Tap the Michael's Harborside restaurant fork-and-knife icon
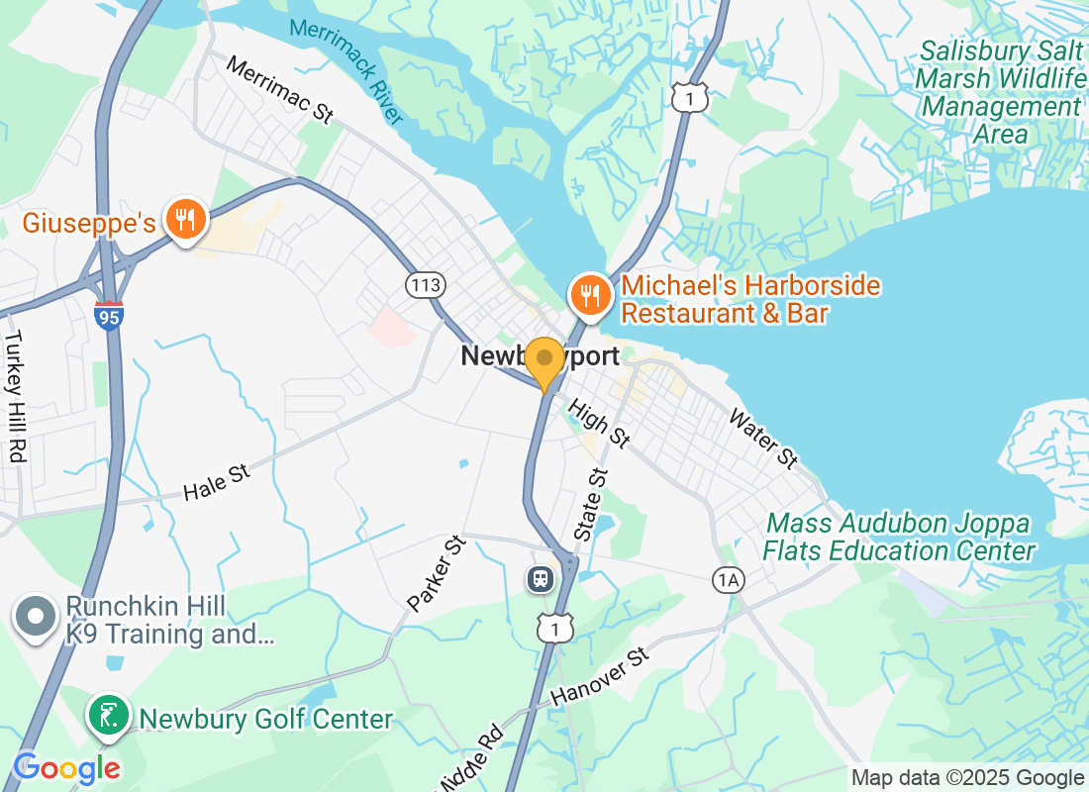(591, 295)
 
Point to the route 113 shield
(426, 286)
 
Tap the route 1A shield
(728, 580)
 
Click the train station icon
(541, 578)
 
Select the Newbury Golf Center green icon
(108, 717)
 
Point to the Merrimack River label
(347, 70)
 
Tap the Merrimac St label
(279, 89)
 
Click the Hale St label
(217, 484)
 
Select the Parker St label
(436, 574)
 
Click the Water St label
(763, 439)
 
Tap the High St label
(599, 422)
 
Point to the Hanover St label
(600, 677)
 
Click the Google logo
(66, 768)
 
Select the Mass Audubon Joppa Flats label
(899, 537)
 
